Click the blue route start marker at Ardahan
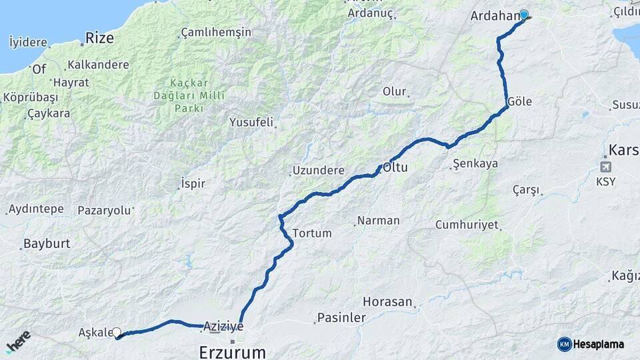point(523,15)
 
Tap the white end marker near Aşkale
point(117,332)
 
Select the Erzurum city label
point(232,351)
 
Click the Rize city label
point(99,38)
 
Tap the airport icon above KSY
point(605,167)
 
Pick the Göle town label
point(519,102)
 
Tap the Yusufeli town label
point(251,122)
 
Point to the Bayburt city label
point(47,243)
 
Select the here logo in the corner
point(18,341)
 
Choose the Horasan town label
point(388,302)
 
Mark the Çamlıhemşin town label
point(216,33)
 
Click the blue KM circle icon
point(565,344)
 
